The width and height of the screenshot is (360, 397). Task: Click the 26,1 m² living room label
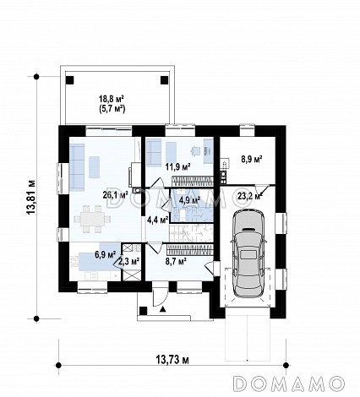[116, 195]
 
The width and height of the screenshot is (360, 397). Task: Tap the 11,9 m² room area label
[177, 167]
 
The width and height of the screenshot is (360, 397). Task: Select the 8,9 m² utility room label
[252, 159]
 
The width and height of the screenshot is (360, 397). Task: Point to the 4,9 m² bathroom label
[189, 200]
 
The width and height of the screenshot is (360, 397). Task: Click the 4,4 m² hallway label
[158, 220]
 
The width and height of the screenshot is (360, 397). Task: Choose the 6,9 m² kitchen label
[106, 255]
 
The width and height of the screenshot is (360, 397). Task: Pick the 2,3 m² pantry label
[128, 262]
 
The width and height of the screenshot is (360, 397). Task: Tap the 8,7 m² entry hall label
[176, 262]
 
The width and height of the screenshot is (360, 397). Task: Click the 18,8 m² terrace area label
[112, 99]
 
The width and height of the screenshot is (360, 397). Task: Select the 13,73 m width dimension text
[172, 360]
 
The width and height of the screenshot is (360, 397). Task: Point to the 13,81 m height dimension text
[30, 197]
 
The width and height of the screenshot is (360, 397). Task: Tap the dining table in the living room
[92, 220]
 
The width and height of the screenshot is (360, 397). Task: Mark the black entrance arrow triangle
[163, 310]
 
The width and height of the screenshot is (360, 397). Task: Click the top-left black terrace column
[69, 80]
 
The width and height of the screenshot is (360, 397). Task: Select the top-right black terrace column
[164, 80]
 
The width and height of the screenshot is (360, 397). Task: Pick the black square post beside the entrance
[144, 311]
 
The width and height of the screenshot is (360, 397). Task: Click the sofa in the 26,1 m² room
[77, 167]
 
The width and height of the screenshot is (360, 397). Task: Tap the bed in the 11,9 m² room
[154, 152]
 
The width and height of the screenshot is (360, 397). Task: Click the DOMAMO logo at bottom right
[290, 383]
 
